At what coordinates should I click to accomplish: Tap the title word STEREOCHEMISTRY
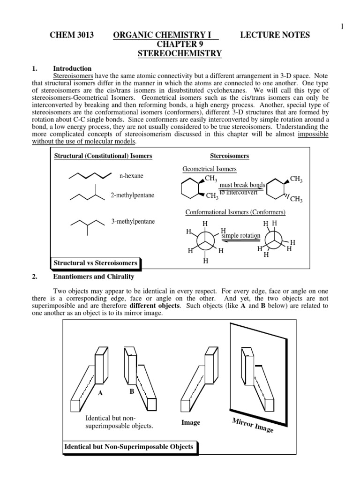tap(180, 53)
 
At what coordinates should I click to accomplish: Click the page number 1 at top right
tap(342, 26)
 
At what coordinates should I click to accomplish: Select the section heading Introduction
tap(72, 68)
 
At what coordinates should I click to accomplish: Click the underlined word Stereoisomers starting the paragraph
tap(73, 75)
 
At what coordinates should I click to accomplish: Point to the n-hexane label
tap(131, 176)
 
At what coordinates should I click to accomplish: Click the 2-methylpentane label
tap(133, 195)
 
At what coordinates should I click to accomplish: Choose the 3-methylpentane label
tap(133, 221)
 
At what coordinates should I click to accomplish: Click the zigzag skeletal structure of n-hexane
tap(91, 176)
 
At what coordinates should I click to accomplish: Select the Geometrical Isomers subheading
tap(209, 169)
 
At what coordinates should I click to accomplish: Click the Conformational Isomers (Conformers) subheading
tap(236, 212)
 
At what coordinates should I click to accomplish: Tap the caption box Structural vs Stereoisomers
tap(96, 263)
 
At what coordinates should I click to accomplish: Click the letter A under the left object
tap(100, 393)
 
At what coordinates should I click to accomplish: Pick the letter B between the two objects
tap(132, 390)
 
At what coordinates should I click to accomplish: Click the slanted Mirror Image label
tap(253, 425)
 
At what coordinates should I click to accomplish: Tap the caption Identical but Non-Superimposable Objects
tap(128, 447)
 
